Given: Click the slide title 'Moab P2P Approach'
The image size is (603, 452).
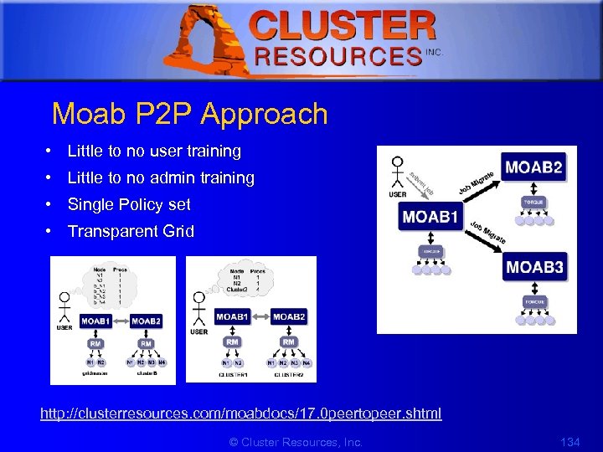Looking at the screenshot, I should click(x=189, y=114).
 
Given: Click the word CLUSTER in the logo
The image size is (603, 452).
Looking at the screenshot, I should click(x=343, y=27).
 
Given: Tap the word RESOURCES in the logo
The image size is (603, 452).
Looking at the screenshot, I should click(x=338, y=56).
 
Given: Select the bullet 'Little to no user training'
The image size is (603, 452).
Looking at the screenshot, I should click(x=154, y=152).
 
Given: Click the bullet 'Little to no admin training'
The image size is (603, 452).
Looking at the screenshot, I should click(x=161, y=177).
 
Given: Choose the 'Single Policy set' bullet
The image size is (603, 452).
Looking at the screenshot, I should click(x=129, y=204).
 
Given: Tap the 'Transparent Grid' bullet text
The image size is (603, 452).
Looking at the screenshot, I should click(x=131, y=231).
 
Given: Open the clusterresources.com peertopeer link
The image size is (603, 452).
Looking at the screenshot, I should click(x=241, y=413).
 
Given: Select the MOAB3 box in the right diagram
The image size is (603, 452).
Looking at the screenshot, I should click(x=533, y=268).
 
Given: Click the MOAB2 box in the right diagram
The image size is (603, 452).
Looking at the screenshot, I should click(x=533, y=167).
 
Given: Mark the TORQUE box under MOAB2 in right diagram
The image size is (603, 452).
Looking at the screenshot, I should click(x=533, y=203).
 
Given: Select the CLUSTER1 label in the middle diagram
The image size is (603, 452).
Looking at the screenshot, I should click(x=231, y=376).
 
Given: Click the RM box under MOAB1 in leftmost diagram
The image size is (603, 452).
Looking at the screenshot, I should click(x=95, y=343).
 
